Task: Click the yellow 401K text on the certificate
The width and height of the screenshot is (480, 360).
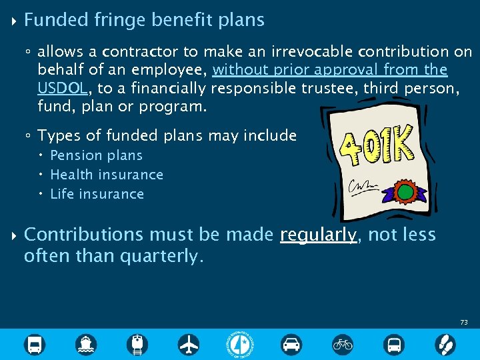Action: (376, 151)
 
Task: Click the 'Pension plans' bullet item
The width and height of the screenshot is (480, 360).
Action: (96, 155)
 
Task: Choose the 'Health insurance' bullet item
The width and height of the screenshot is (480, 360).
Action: (107, 175)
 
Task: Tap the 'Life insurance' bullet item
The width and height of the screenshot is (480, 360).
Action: (97, 194)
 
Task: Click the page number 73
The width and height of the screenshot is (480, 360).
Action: (463, 323)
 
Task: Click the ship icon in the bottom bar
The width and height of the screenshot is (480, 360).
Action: (86, 345)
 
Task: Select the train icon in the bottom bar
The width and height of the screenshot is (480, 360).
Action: (138, 345)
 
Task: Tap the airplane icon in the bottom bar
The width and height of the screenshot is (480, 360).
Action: (189, 345)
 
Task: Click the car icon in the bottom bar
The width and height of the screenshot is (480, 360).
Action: (291, 345)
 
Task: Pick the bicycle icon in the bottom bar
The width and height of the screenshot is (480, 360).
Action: (343, 345)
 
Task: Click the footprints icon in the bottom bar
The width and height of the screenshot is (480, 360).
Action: (445, 345)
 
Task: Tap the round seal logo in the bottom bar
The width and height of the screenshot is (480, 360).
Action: (240, 345)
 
